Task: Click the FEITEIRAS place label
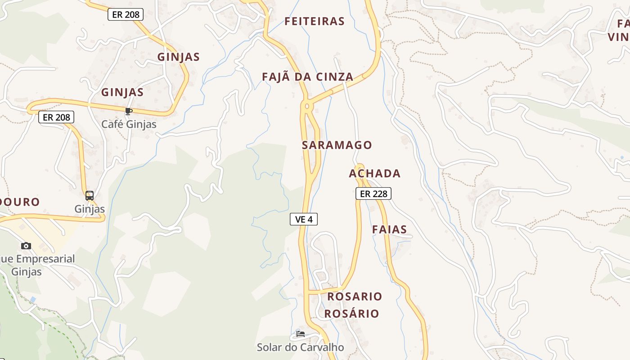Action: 315,21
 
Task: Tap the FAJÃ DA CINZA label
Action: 308,77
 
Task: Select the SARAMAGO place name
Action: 337,145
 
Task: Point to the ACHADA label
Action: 375,173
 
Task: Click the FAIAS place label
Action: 389,229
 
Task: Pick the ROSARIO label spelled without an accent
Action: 355,297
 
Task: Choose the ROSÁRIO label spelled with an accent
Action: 352,314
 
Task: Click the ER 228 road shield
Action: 373,193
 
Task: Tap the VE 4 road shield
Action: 304,219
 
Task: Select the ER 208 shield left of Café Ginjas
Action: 56,117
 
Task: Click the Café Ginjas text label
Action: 129,124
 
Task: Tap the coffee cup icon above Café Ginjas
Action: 129,111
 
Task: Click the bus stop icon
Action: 90,196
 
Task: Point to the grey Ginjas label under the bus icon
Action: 90,209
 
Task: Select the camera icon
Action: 26,246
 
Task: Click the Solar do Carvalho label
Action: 300,347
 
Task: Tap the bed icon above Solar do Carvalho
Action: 301,334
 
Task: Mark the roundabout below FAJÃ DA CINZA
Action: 307,106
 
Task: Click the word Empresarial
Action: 44,259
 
